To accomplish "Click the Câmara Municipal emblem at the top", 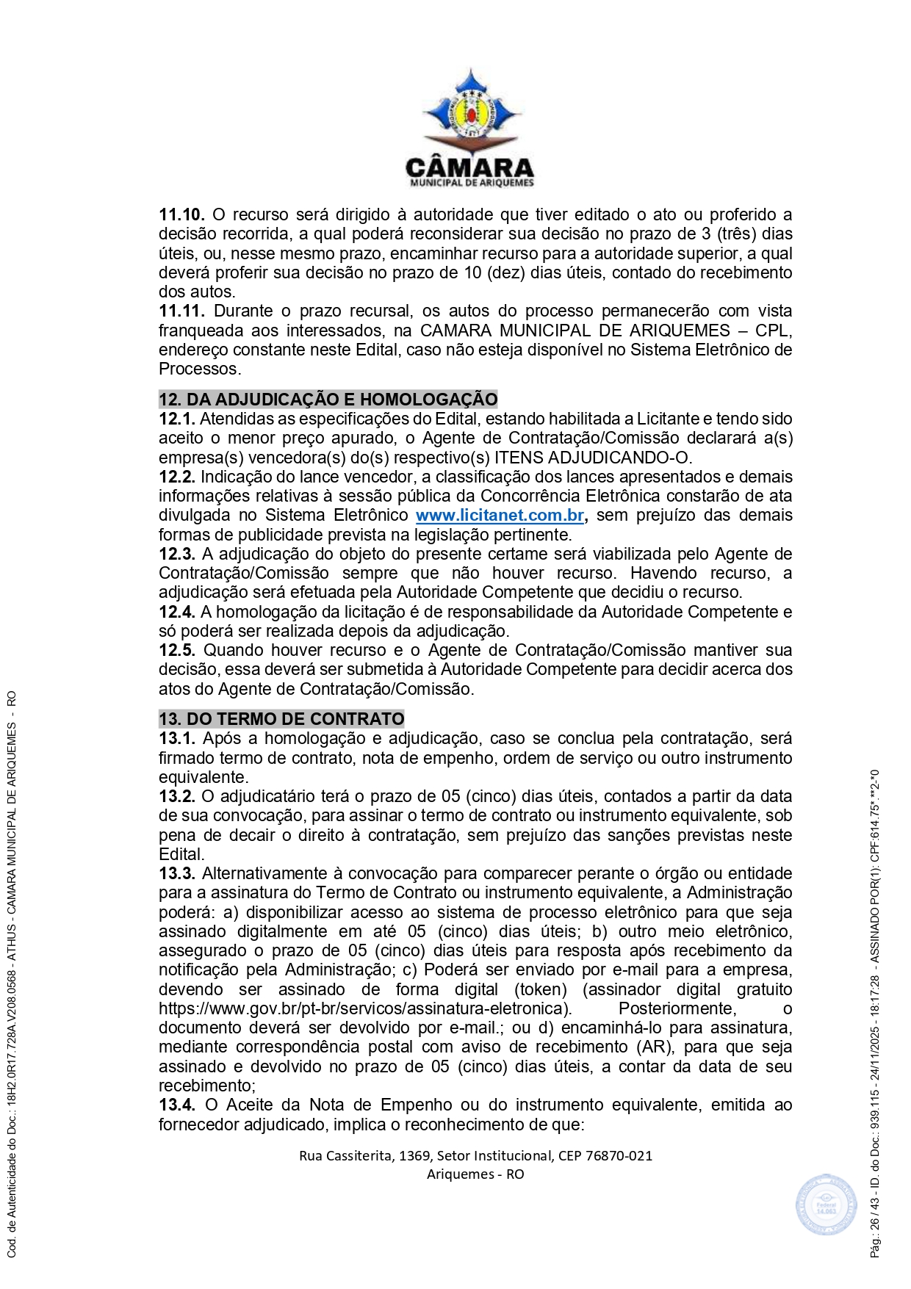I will (x=471, y=108).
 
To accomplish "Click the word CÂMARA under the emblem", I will (x=470, y=167).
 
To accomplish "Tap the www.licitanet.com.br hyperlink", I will (x=500, y=516).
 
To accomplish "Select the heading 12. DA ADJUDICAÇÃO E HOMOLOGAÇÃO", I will (x=328, y=400).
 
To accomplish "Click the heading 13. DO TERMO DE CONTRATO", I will (x=281, y=719).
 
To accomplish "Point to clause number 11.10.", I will (x=181, y=215).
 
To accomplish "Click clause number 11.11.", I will (x=181, y=311).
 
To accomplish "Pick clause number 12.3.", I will (x=177, y=555).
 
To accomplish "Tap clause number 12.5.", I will (x=177, y=651).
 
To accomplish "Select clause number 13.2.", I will (x=177, y=797).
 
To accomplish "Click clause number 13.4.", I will (x=177, y=1105).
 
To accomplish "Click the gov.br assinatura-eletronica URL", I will (x=365, y=1009).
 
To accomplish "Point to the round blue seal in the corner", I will (x=826, y=1205).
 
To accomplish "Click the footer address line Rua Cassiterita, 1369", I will (x=475, y=1155).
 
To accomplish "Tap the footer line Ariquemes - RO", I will (x=475, y=1174).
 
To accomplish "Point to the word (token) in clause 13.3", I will (x=541, y=990).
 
